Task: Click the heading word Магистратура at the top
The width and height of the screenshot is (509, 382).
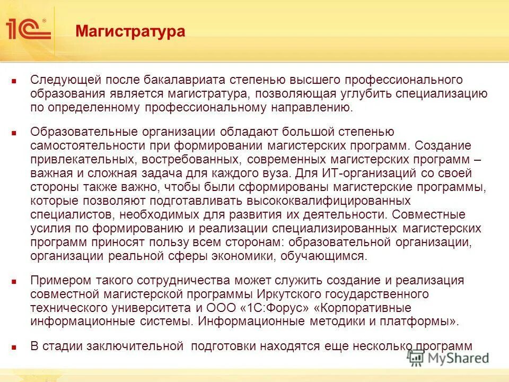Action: click(130, 31)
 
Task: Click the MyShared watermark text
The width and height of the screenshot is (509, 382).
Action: click(457, 358)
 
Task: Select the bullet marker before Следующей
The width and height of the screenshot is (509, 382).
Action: click(15, 82)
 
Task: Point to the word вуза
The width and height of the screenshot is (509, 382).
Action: click(274, 173)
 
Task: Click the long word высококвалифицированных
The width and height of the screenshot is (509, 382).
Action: click(328, 201)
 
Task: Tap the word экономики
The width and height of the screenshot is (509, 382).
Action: click(238, 256)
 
